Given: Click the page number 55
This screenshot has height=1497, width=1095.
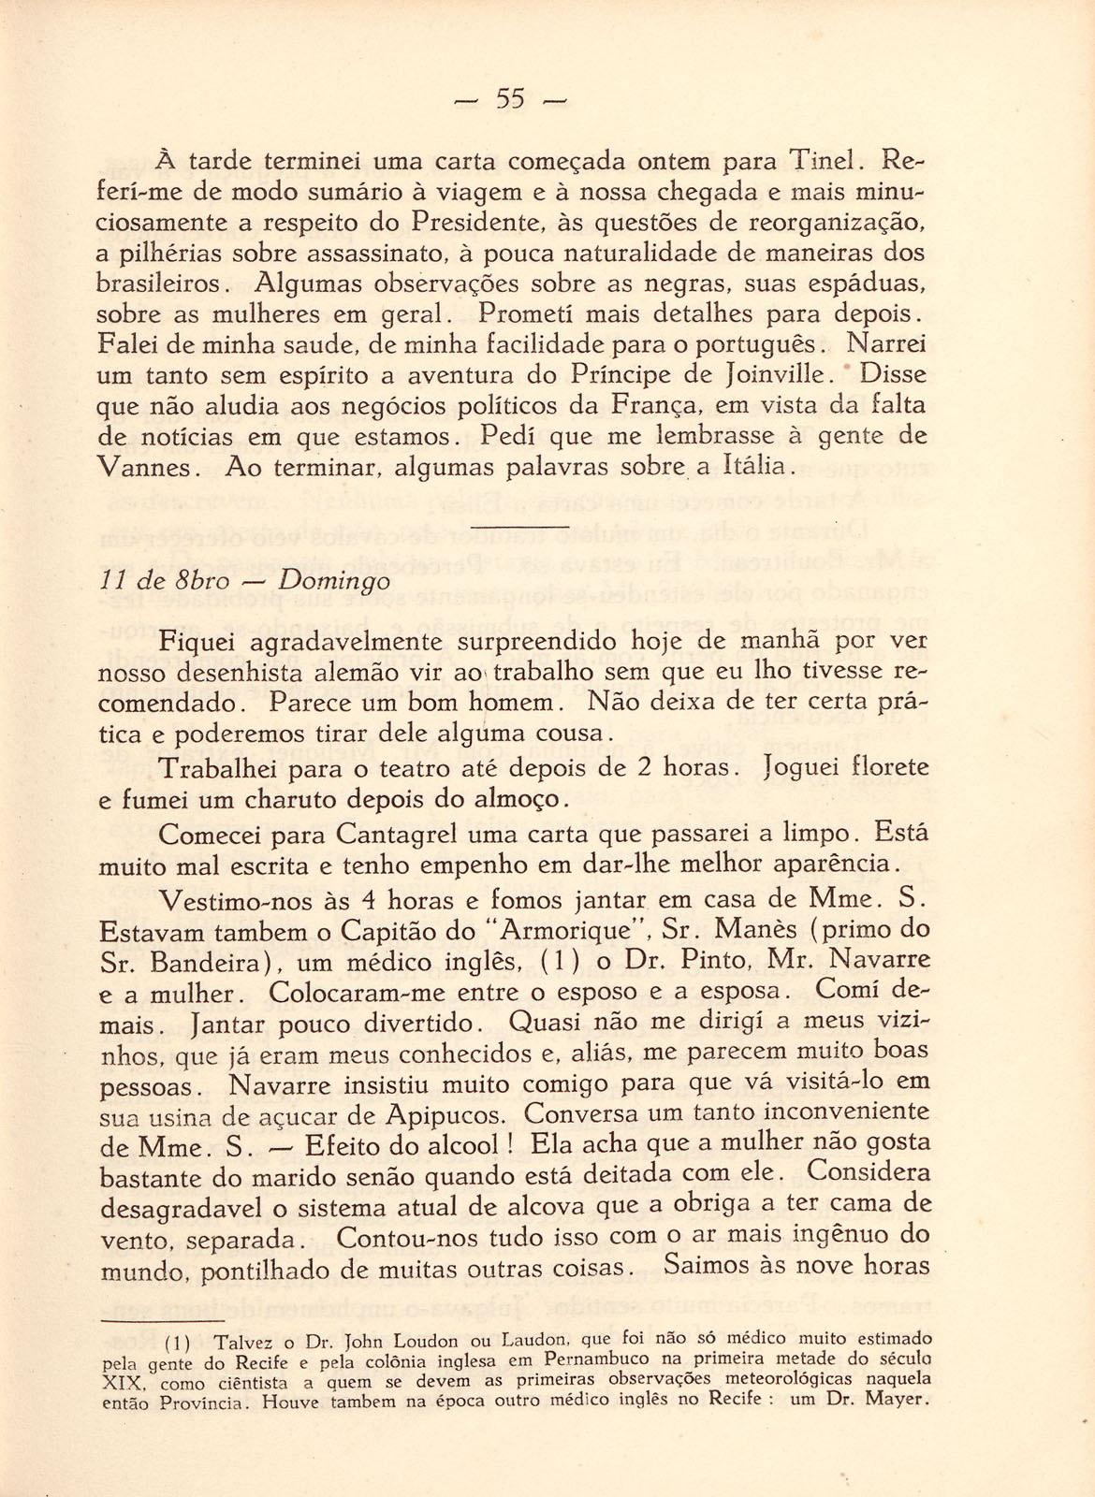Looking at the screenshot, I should click(x=510, y=98).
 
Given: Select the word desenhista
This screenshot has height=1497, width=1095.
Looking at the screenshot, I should click(x=225, y=673).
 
